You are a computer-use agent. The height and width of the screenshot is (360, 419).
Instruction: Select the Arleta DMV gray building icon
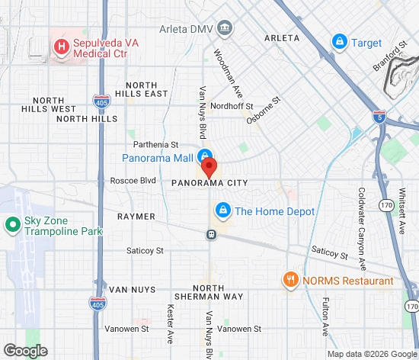(225, 29)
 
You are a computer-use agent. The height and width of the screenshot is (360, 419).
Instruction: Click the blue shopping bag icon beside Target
(340, 43)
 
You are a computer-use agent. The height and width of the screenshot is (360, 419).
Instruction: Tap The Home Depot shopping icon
(222, 211)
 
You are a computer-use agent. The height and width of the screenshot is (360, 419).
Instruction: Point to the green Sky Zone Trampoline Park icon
(12, 225)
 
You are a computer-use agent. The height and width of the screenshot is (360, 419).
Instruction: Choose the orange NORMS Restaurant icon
(289, 280)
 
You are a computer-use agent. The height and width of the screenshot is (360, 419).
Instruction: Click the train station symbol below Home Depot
(211, 234)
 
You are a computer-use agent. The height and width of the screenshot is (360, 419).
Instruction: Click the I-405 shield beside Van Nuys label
(97, 304)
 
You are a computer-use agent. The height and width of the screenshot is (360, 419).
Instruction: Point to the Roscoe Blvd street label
(133, 181)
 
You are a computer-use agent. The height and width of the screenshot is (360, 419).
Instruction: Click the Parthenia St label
(155, 143)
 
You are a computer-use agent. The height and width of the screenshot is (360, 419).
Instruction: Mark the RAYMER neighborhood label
(136, 217)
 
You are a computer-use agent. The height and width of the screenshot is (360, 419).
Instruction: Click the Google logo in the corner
(25, 350)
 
